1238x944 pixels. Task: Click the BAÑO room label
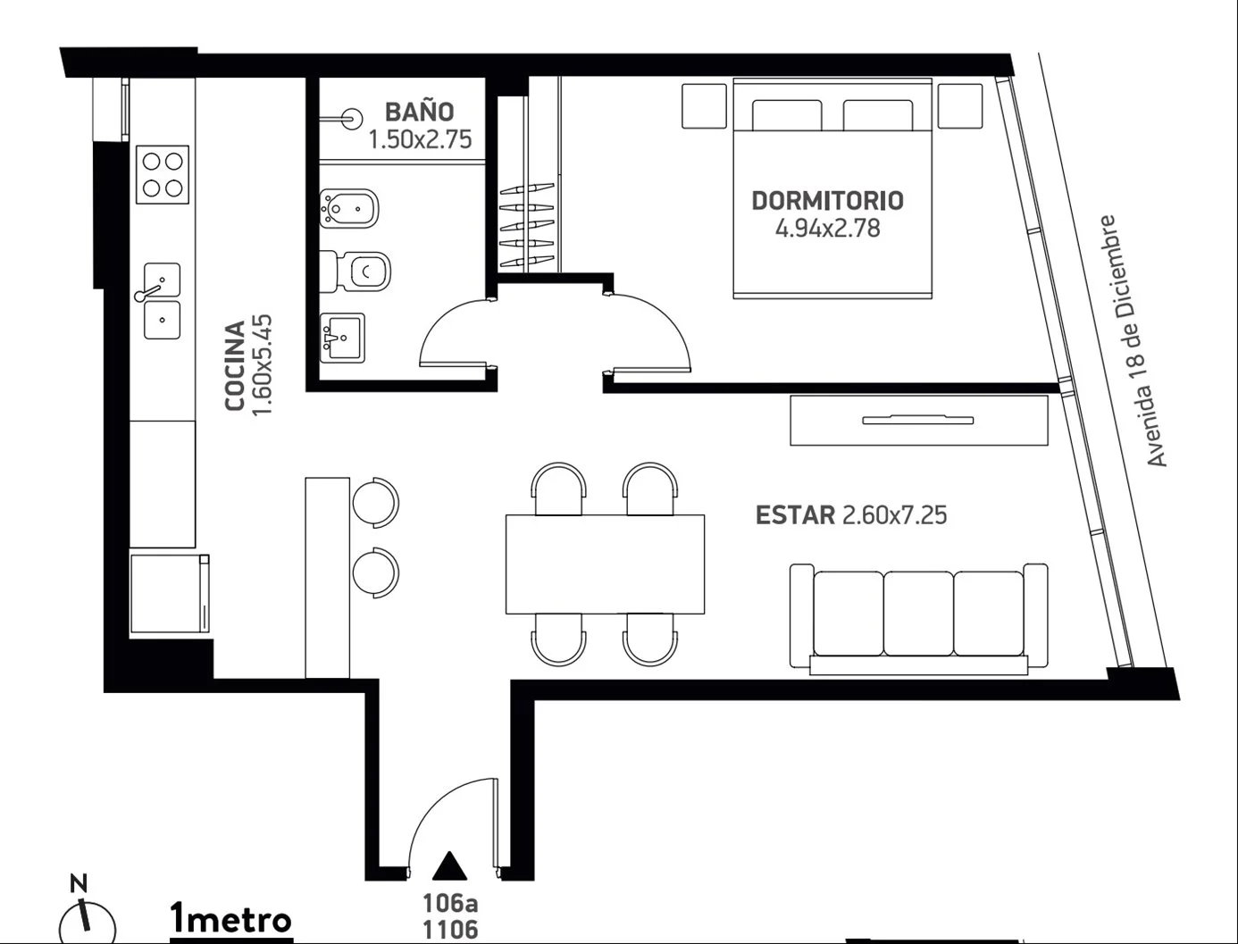coord(419,111)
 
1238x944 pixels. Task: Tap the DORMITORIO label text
coord(827,201)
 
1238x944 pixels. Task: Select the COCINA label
coord(235,365)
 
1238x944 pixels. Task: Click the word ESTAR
coord(795,514)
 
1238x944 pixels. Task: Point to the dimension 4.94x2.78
coord(827,229)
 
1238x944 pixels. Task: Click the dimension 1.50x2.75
coord(420,139)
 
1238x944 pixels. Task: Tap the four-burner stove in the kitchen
coord(163,175)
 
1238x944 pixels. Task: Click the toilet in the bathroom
coord(356,272)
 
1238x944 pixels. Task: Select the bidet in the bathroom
coord(349,209)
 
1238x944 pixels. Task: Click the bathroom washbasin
coord(342,338)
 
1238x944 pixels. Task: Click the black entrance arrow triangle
coord(449,865)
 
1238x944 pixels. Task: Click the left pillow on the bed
coord(787,115)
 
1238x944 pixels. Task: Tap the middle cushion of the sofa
coord(918,614)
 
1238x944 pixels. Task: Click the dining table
coord(605,564)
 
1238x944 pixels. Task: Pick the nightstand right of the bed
coord(960,106)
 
